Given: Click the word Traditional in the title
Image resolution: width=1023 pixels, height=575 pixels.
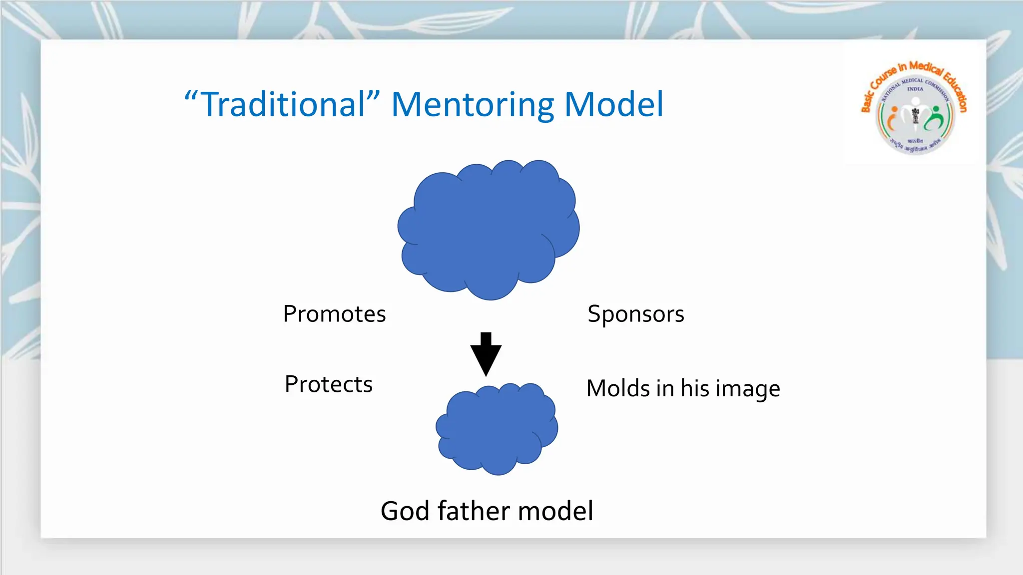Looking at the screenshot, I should pos(283,104).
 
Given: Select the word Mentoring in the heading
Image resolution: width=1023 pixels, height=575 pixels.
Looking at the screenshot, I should pos(472,104).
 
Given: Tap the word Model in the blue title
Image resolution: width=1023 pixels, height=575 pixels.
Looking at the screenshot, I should pos(613,104).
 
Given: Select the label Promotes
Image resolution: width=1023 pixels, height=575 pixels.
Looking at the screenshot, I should pos(334,314).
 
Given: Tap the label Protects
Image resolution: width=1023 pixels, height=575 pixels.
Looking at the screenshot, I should pos(329,384).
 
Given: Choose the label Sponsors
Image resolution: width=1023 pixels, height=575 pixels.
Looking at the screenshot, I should pos(635,314).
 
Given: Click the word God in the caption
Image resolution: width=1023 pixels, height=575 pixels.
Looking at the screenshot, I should pos(404,511).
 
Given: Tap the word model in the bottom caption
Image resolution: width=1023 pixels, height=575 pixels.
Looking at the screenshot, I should pos(555,511).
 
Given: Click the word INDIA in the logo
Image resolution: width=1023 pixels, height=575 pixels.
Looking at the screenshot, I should pos(915,89).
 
